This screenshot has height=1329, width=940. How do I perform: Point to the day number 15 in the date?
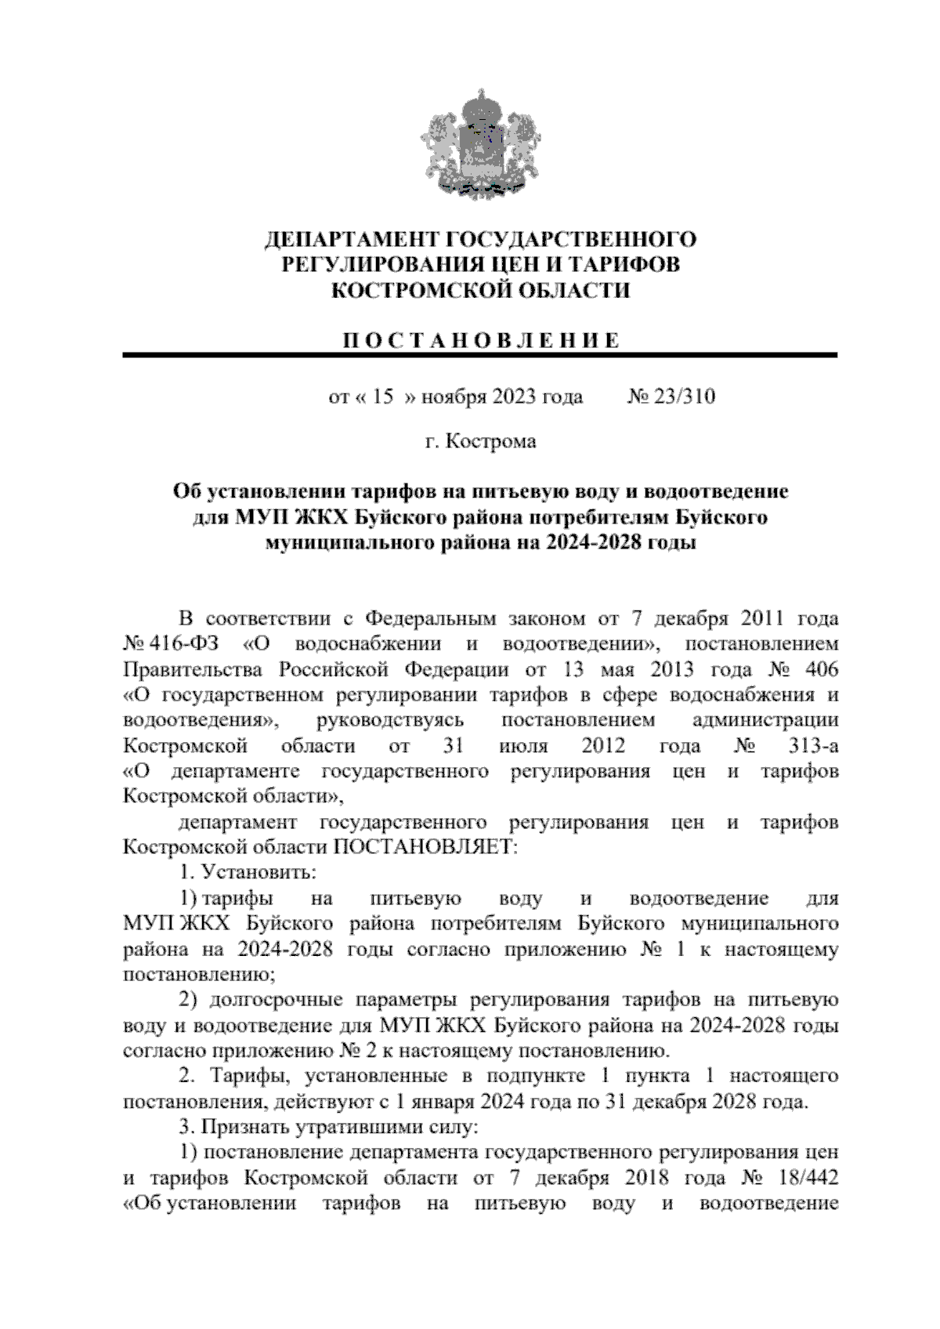381,397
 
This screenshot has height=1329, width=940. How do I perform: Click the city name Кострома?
490,442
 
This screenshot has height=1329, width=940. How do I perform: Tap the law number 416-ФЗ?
184,644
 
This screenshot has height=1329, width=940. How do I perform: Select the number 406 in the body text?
820,670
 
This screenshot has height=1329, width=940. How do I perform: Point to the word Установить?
259,872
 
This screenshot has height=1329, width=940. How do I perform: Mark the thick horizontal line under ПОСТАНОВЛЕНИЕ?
480,356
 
